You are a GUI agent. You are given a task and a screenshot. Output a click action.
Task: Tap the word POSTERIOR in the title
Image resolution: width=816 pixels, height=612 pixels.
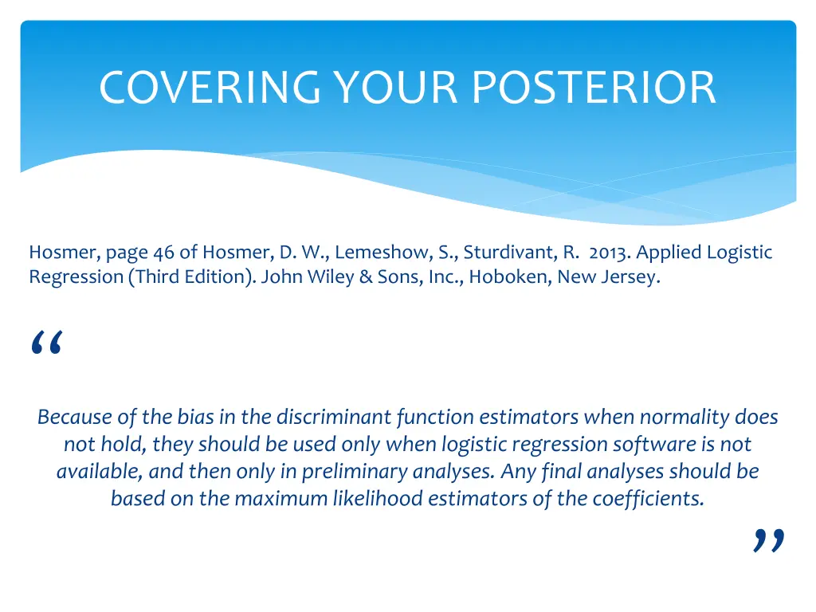click(x=594, y=88)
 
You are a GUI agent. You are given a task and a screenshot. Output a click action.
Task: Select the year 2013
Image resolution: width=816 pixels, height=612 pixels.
click(x=609, y=253)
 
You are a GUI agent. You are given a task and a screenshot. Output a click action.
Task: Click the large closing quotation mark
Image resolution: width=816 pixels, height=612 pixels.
click(x=769, y=541)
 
